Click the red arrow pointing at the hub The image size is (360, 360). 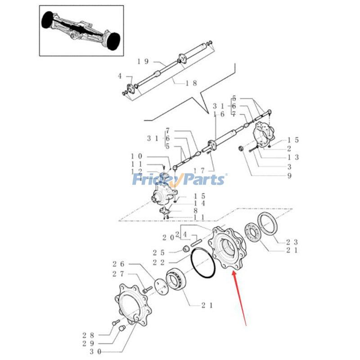[239, 297]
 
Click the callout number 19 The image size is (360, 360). [143, 62]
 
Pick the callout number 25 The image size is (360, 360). [160, 252]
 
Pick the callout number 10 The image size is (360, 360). [137, 156]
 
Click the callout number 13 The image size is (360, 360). [292, 157]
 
